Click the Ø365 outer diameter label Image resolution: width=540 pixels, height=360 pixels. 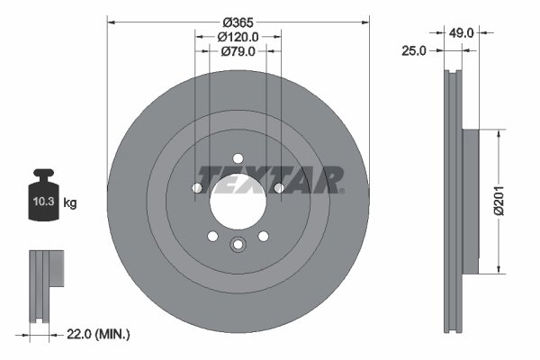coord(238,21)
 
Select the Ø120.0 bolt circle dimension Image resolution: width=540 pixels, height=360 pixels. coord(238,37)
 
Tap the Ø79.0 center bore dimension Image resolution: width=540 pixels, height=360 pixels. coord(238,52)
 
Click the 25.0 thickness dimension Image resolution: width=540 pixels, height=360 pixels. coord(412,52)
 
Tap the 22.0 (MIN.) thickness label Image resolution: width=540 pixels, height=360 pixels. coord(99,335)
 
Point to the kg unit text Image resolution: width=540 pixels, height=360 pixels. coord(70,203)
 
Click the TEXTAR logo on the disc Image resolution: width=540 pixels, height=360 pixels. coord(270,179)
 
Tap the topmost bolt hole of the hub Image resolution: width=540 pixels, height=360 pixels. coord(238,158)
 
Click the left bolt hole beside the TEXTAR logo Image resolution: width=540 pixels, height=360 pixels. coord(197,188)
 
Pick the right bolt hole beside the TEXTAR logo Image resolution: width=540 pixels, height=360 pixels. coord(278,188)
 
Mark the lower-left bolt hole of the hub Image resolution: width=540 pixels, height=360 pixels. coord(212,236)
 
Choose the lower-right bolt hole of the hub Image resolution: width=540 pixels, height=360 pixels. coord(263,236)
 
